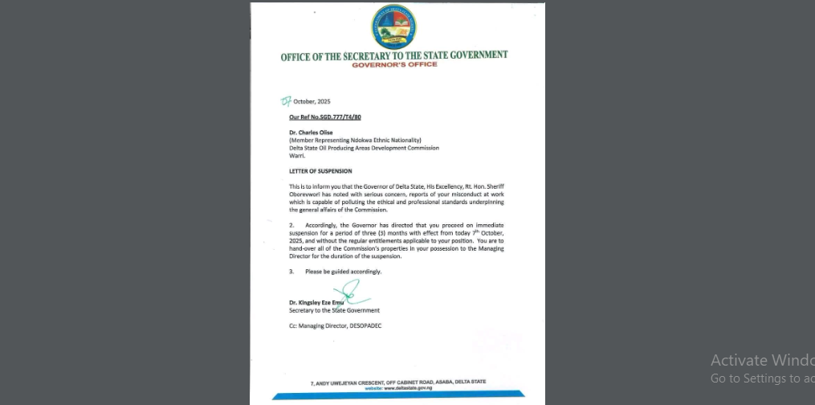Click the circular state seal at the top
coord(393,27)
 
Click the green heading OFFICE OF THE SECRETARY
coord(393,55)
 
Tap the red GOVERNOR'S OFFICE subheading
coord(394,64)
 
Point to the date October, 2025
coord(312,102)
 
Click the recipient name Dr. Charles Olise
coord(311,133)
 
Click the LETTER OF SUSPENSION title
coord(320,171)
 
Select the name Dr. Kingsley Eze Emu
coord(316,303)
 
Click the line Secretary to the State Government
coord(334,310)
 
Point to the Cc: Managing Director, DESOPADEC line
coord(335,325)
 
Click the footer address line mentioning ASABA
coord(397,382)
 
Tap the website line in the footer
coord(398,388)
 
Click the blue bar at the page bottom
coord(398,395)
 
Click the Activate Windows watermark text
coord(762,360)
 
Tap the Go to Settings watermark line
coord(762,378)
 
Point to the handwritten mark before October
coord(286,101)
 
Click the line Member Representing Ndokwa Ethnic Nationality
coord(355,141)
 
